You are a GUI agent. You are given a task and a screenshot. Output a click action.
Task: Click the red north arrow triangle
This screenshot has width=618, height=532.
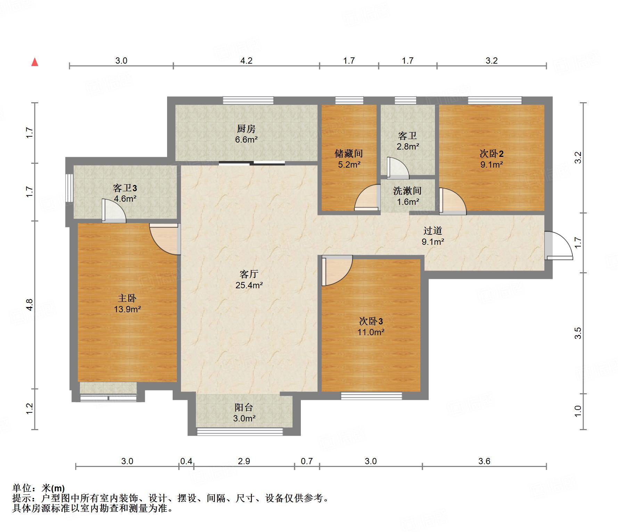click(x=35, y=62)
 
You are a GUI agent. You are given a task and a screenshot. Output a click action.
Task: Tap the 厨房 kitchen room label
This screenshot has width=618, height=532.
click(x=246, y=129)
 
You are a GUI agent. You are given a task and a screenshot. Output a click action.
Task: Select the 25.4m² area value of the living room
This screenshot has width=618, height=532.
click(x=249, y=285)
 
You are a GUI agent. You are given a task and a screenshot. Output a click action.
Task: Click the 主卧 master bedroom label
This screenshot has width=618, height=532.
click(x=127, y=298)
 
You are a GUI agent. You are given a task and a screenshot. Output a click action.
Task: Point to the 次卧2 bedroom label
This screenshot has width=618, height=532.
click(x=492, y=153)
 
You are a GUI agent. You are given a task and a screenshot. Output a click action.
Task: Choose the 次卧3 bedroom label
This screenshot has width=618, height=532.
click(x=371, y=321)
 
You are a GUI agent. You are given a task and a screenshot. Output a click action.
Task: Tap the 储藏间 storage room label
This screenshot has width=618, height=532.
click(x=349, y=153)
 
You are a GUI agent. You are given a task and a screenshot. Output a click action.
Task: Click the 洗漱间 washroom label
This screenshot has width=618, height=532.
click(x=407, y=191)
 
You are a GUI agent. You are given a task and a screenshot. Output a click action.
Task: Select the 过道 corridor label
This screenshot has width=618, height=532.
click(x=432, y=231)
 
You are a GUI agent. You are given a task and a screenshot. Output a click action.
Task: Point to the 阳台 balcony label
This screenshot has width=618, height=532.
click(x=244, y=408)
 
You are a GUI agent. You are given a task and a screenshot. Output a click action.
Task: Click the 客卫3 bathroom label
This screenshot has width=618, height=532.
click(x=125, y=188)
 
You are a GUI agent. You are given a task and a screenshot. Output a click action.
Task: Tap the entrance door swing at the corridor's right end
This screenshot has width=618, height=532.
click(x=559, y=245)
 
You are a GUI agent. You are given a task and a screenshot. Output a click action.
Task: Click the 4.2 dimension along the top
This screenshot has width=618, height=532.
click(x=246, y=61)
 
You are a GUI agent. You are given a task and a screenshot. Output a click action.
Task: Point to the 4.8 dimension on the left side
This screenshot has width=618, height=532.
click(x=30, y=305)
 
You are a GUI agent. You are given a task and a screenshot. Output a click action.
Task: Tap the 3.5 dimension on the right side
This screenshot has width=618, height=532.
click(x=578, y=333)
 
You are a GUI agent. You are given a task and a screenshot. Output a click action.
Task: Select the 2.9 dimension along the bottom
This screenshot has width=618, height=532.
click(x=244, y=461)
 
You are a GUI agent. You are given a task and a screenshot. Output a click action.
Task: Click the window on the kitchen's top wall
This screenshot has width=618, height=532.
click(x=248, y=100)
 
